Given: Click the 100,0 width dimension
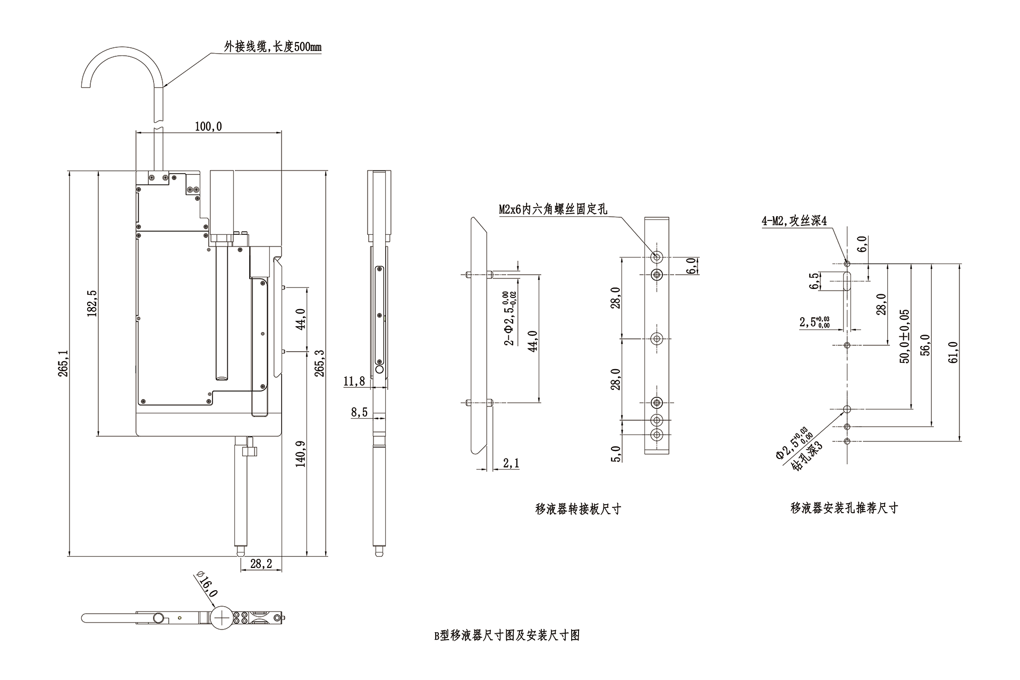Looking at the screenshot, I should click(208, 126).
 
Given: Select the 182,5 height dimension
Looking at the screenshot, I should click(91, 303).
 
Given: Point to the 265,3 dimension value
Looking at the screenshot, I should click(320, 363).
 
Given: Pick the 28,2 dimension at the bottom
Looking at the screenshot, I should click(261, 564).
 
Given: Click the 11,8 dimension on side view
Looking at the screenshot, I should click(354, 381).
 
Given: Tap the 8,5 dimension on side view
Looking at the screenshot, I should click(359, 412).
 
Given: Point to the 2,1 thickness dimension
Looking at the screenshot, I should click(511, 464).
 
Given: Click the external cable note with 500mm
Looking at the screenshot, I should click(272, 47).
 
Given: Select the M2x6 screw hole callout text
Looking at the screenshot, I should click(552, 209).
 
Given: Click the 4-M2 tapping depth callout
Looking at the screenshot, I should click(794, 221).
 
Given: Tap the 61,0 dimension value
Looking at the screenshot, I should click(953, 352).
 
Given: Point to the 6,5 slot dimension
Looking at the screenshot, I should click(814, 281).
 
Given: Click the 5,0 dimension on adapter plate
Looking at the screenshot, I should click(616, 454).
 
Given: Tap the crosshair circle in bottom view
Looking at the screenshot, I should click(221, 618).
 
